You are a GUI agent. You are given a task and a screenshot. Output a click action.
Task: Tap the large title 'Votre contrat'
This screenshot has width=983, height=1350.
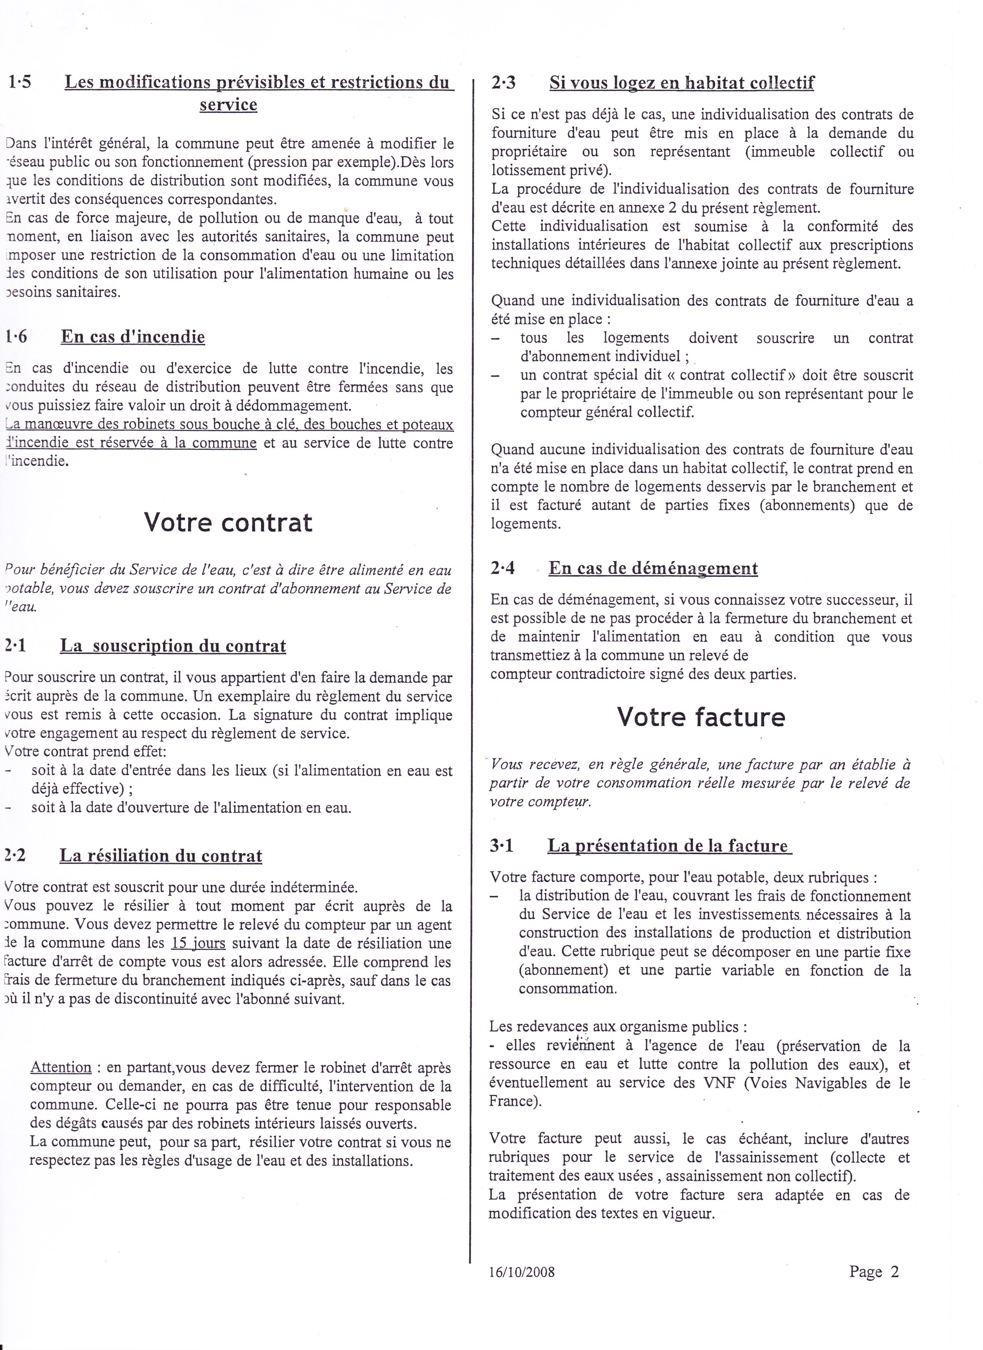tap(228, 522)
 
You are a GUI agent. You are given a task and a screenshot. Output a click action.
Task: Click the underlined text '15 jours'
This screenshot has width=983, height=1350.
tap(198, 944)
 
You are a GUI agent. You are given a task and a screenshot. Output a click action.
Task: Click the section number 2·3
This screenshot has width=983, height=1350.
tap(504, 83)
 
